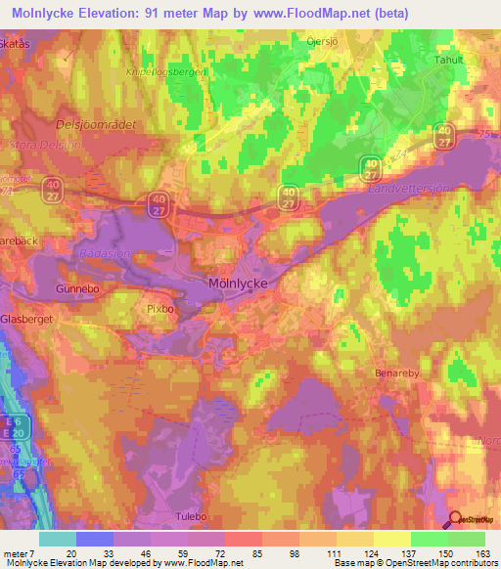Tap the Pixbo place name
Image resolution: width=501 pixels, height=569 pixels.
[159, 308]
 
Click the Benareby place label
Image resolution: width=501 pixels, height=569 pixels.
[397, 373]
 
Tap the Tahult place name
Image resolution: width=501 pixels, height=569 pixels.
[450, 59]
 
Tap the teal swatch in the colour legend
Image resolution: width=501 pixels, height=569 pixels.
[57, 539]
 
